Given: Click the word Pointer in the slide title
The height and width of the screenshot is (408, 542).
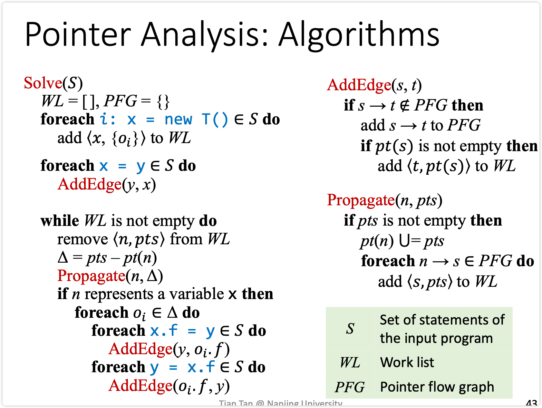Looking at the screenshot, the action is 78,34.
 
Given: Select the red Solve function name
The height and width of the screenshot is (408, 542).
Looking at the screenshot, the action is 43,83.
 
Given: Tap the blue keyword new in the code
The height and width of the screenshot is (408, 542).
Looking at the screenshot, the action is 178,119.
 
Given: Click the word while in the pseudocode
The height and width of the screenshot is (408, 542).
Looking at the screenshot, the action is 60,221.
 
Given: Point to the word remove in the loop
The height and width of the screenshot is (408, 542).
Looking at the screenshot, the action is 82,239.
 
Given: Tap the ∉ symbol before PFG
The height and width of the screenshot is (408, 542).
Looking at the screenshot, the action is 404,105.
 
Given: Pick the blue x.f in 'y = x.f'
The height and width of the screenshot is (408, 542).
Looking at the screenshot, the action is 201,367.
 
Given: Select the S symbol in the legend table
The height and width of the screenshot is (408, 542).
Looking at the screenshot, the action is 350,328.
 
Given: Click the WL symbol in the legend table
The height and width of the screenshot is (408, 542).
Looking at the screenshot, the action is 350,363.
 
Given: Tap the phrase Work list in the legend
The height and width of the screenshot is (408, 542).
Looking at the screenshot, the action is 407,362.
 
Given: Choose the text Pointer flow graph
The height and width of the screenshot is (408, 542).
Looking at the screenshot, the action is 437,387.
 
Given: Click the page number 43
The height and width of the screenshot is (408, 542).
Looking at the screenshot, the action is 531,403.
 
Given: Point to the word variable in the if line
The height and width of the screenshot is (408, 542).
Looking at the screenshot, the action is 197,294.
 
